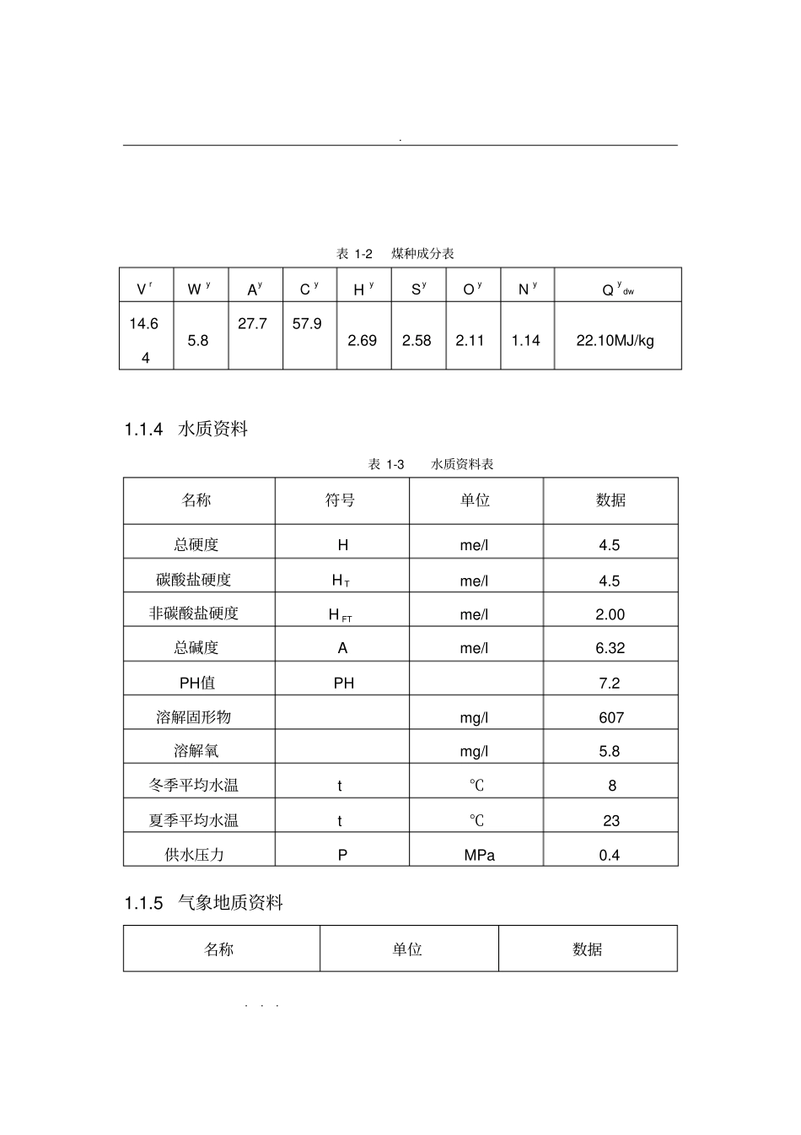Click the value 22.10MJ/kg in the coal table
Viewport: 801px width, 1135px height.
615,341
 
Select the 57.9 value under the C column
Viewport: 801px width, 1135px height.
307,324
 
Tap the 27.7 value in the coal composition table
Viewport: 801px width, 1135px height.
253,324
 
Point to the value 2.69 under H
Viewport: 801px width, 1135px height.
363,341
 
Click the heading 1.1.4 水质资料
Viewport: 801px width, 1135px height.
185,430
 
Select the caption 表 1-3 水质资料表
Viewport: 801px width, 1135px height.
431,464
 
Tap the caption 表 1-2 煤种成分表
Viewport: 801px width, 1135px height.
395,254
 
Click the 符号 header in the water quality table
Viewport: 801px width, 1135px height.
341,500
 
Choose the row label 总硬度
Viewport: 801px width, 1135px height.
196,545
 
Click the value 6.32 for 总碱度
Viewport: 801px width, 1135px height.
610,648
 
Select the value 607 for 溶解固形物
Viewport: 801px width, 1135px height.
611,717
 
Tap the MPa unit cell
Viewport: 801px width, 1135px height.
479,855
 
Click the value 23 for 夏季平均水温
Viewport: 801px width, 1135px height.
611,820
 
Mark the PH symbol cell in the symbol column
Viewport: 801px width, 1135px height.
344,683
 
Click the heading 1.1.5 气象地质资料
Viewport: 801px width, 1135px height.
203,904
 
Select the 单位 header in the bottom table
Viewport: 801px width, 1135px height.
407,949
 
